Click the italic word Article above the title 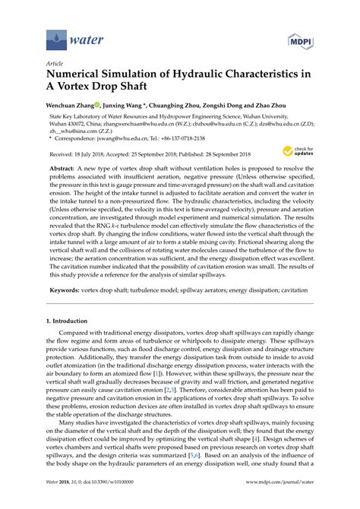pyautogui.click(x=55, y=65)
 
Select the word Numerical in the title pyautogui.click(x=79, y=77)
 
